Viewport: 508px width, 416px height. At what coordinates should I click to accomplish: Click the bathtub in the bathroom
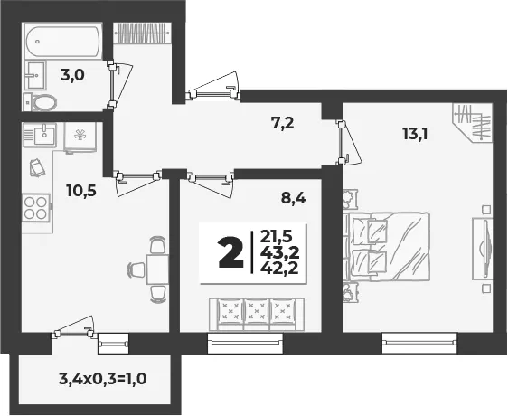point(63,43)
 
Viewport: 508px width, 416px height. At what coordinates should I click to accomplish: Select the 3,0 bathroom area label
point(72,76)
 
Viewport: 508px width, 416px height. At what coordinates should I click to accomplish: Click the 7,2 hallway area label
point(283,124)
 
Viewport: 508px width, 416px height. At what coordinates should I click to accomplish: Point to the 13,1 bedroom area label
point(415,134)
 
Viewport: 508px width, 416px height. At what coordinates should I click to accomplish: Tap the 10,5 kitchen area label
point(81,190)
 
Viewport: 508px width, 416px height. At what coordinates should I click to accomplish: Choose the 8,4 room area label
point(294,198)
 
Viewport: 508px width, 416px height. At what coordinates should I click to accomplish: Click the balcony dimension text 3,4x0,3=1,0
point(103,378)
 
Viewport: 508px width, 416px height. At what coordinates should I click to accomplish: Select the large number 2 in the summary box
point(230,252)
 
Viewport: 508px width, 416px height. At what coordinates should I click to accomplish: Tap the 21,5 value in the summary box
point(277,237)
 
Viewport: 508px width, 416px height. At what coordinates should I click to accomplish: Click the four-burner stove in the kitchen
point(36,208)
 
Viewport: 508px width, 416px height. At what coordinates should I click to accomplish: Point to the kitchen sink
point(39,135)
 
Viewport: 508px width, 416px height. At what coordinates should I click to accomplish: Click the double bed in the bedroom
point(388,246)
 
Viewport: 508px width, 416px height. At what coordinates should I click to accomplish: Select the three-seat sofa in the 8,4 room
point(257,314)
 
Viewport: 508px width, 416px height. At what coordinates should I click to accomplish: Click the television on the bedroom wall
point(483,249)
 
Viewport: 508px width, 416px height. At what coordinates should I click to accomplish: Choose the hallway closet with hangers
point(142,33)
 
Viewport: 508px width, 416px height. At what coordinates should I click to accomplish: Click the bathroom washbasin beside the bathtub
point(34,76)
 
